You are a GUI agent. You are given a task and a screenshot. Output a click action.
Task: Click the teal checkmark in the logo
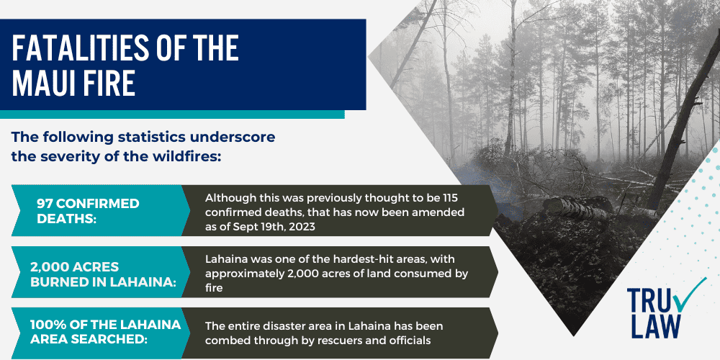pos(692,294)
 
